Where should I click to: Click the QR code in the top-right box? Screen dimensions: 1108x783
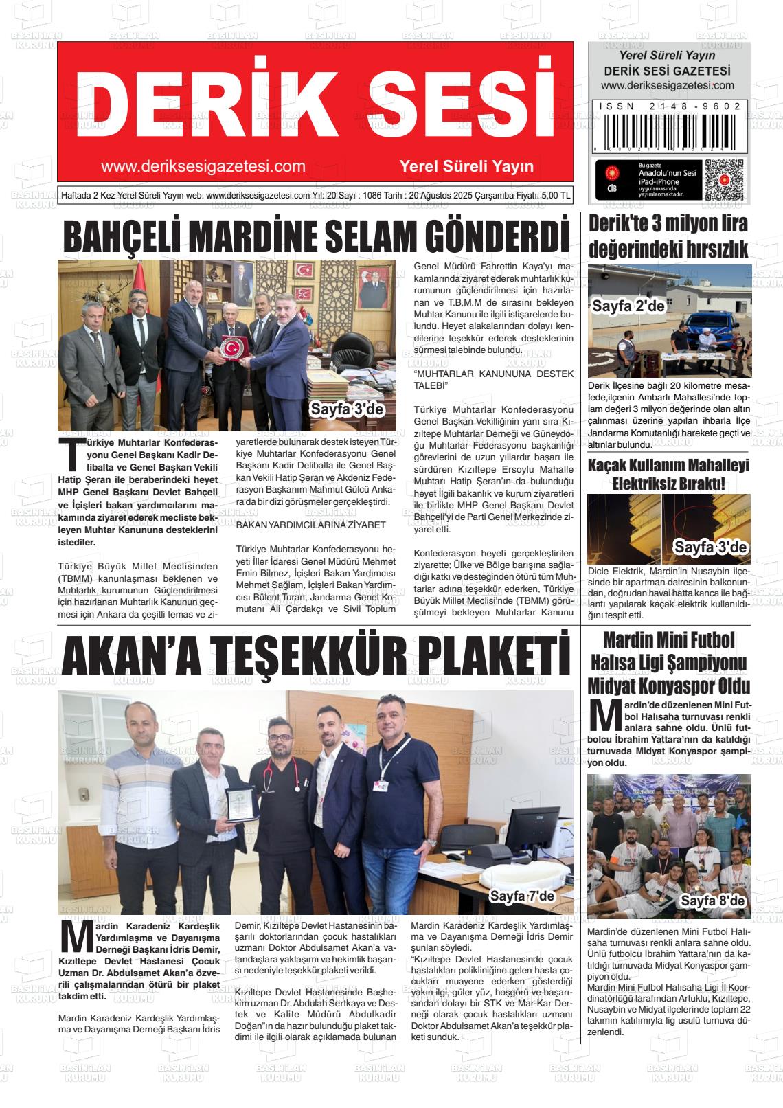723,180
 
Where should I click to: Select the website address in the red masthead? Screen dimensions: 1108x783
203,166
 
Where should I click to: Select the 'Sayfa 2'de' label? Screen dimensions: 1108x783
628,306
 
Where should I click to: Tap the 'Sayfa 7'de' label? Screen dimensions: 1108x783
521,896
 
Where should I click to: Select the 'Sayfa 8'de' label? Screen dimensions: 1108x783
712,901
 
